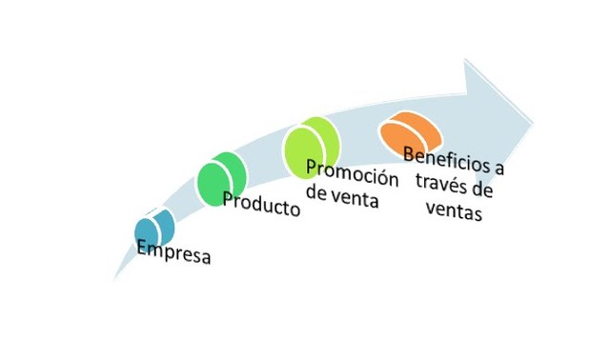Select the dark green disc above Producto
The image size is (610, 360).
point(221,177)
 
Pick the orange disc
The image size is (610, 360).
point(408,133)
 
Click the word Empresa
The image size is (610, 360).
point(173,253)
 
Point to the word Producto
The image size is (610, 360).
point(260,203)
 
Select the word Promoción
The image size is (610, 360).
point(337,177)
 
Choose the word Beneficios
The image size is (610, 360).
point(446,158)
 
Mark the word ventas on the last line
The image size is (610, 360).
point(454,210)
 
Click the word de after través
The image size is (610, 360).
point(484,190)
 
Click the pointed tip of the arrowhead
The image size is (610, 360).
point(534,122)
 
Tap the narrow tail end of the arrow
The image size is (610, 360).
point(115,279)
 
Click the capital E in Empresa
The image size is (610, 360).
point(141,249)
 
